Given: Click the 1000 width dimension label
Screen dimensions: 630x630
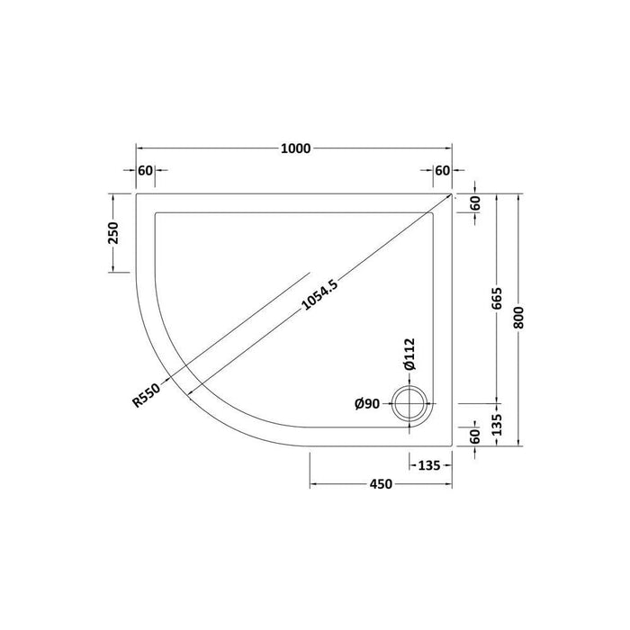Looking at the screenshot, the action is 295,148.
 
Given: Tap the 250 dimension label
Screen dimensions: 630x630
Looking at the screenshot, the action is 112,232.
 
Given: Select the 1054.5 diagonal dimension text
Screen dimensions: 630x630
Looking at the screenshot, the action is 319,296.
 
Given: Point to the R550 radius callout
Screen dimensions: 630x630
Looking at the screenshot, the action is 146,395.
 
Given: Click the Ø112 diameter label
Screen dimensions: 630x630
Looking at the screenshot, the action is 409,354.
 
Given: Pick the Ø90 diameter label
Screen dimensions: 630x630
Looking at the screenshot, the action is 367,403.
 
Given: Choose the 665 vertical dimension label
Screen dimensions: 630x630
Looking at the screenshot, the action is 497,299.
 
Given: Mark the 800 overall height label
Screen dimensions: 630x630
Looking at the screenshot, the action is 518,318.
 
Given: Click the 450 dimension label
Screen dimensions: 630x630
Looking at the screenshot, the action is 381,484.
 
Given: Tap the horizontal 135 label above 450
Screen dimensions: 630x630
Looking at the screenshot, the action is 429,465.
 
